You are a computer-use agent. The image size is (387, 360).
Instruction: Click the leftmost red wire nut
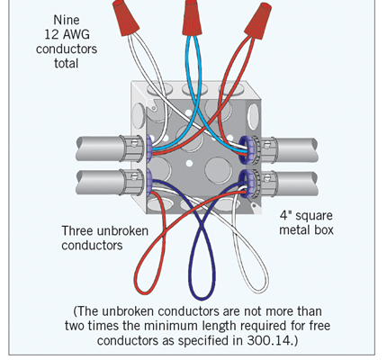click(125, 17)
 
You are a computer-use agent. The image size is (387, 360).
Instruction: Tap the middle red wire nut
click(192, 18)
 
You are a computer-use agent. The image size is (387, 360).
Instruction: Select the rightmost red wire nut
click(258, 21)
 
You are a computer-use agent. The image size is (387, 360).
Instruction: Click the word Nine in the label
click(67, 20)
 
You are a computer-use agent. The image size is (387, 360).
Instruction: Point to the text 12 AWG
click(67, 34)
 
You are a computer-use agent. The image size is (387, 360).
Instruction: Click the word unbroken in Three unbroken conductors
click(122, 231)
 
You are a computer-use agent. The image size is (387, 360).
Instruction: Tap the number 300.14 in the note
click(268, 340)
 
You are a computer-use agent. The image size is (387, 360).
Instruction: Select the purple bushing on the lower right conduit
click(247, 184)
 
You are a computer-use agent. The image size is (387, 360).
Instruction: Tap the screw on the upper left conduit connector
click(135, 142)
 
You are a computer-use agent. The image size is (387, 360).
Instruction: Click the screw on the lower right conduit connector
click(266, 178)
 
